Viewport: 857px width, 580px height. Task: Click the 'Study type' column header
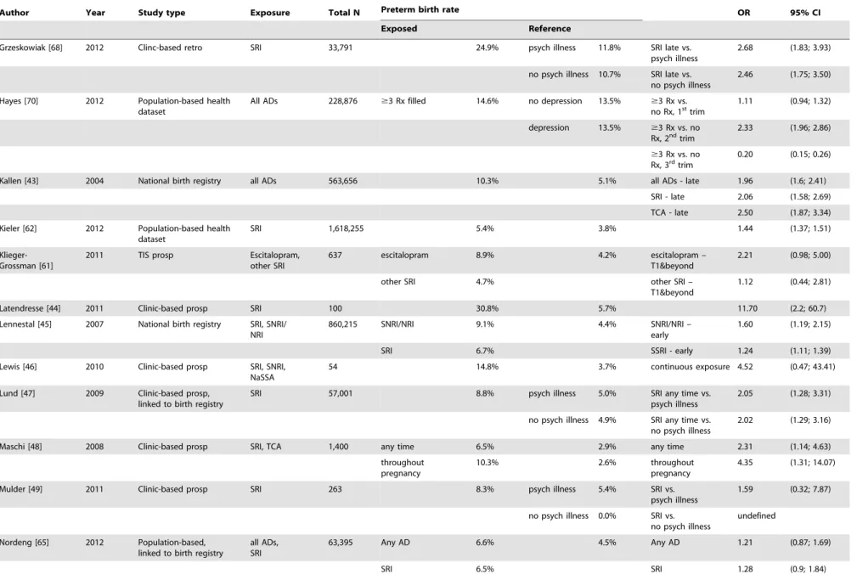pos(161,13)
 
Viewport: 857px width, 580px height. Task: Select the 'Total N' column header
pos(344,13)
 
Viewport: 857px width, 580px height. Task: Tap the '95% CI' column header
pos(805,13)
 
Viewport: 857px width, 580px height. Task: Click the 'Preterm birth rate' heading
pos(420,9)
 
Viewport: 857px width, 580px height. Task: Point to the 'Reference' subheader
pos(550,28)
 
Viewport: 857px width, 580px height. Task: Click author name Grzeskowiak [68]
pos(31,48)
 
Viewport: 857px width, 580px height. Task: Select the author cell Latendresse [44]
pos(30,308)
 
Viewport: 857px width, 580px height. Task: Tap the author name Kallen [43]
pos(20,181)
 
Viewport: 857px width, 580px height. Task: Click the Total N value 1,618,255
pos(346,228)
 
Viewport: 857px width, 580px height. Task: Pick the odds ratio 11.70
pos(747,308)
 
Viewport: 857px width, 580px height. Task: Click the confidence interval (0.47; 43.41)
pos(812,367)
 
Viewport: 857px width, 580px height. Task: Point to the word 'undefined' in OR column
pos(757,515)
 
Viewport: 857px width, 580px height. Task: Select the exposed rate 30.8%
pos(487,308)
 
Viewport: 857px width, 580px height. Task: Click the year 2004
pos(94,181)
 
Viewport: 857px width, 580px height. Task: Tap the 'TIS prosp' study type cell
pos(155,256)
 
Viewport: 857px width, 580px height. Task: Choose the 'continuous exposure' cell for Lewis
pos(690,367)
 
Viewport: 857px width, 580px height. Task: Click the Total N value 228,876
pos(342,101)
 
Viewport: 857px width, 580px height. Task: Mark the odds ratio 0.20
pos(745,155)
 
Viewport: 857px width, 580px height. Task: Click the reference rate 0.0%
pos(607,515)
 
